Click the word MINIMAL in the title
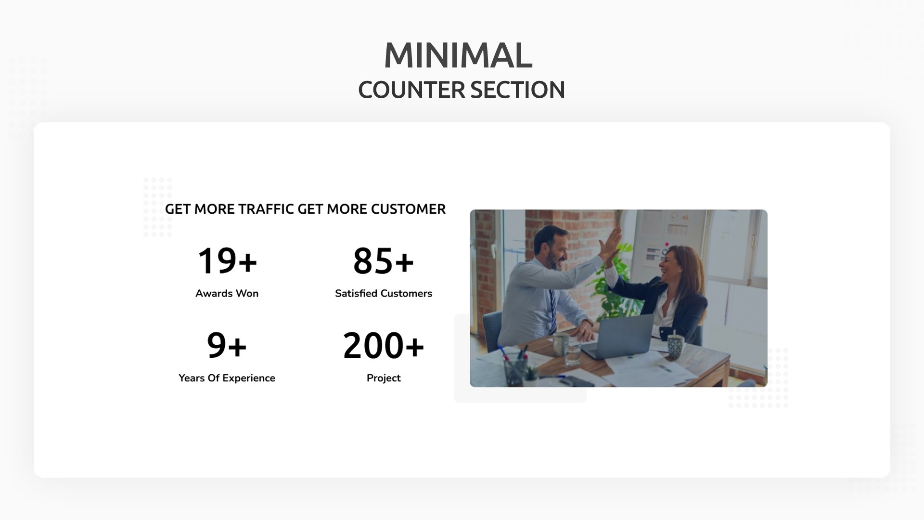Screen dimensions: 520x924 tap(458, 56)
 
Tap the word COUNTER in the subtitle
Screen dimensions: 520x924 tap(411, 90)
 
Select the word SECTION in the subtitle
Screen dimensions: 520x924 tap(517, 90)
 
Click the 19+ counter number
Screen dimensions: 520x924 tap(227, 261)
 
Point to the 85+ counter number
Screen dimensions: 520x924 tap(383, 261)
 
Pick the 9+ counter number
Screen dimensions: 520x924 tap(227, 346)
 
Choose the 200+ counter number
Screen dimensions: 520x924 tap(383, 346)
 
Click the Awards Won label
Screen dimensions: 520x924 tap(227, 293)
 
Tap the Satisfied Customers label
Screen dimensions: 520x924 tap(383, 293)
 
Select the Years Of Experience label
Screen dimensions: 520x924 tap(227, 378)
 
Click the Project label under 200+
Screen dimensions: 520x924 tap(383, 378)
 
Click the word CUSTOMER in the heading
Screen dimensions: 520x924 tap(408, 209)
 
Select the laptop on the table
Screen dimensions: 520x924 tap(621, 335)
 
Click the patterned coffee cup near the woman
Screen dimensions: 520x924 tap(675, 346)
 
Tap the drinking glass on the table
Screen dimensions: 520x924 tap(573, 354)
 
